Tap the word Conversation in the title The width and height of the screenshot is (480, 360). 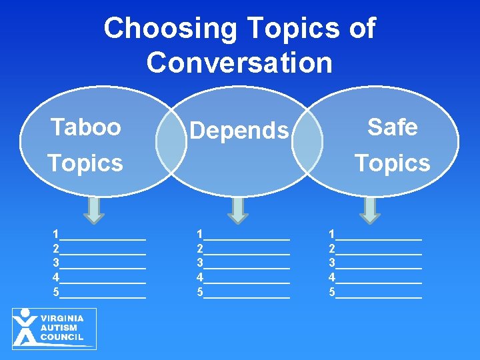point(239,63)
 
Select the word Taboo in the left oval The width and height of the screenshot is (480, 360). point(86,127)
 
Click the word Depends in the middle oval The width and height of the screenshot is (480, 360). point(239,131)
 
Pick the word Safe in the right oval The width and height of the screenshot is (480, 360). point(392,127)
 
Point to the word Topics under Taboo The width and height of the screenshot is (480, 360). point(85,163)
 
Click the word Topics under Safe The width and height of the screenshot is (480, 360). point(392,163)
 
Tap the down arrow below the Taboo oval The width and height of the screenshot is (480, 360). point(95,209)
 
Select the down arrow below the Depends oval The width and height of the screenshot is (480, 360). point(237,209)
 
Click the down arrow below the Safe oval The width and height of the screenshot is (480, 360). point(370,209)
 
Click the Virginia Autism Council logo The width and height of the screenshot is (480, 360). point(54,328)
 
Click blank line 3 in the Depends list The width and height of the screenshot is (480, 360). point(247,265)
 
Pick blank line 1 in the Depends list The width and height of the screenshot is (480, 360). point(247,235)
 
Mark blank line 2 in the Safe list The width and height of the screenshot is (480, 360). point(379,250)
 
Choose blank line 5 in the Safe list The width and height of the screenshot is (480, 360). point(379,293)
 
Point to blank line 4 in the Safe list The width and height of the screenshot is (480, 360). point(379,279)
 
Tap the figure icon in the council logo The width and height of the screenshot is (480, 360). point(25,327)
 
